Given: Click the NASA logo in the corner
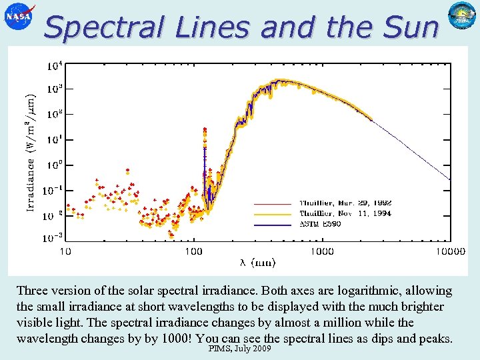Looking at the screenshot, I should (x=19, y=18).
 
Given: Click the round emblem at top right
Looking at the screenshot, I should (x=461, y=17).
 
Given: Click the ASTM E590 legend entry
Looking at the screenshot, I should (x=320, y=224).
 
